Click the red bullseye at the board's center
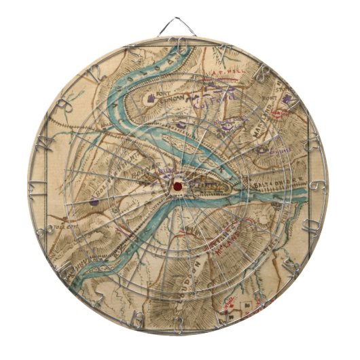(x=177, y=183)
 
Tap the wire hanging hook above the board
(x=177, y=26)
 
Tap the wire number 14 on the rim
(x=43, y=143)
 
